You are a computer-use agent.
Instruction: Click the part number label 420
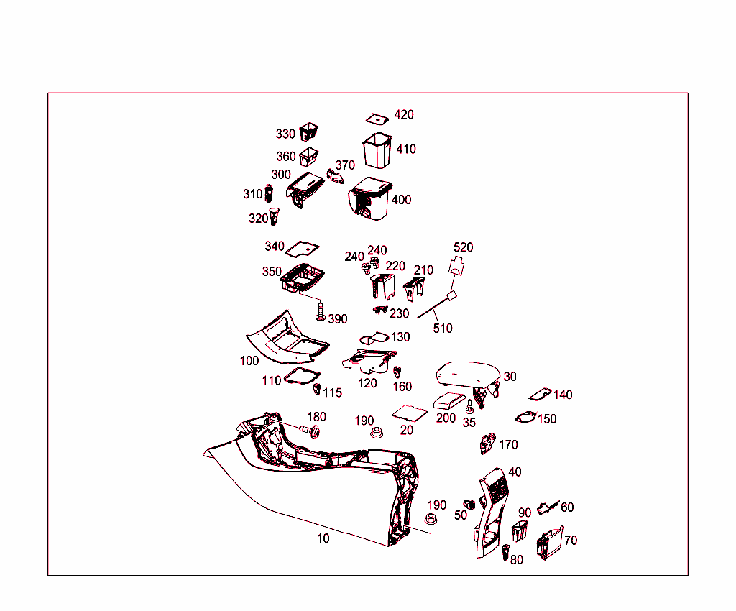click(x=404, y=115)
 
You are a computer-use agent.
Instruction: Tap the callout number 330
click(x=285, y=134)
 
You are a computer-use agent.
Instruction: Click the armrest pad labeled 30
click(x=468, y=375)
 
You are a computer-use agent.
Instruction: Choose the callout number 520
click(x=463, y=247)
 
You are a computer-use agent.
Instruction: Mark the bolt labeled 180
click(x=311, y=431)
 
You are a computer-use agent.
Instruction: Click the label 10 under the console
click(x=323, y=538)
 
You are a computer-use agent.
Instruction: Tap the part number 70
click(x=571, y=541)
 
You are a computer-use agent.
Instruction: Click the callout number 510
click(x=443, y=329)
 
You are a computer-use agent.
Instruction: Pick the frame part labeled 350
click(x=301, y=278)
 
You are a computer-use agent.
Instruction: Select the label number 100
click(x=249, y=361)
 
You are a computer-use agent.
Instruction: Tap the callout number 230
click(x=399, y=313)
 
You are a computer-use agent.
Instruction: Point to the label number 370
click(x=345, y=165)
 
